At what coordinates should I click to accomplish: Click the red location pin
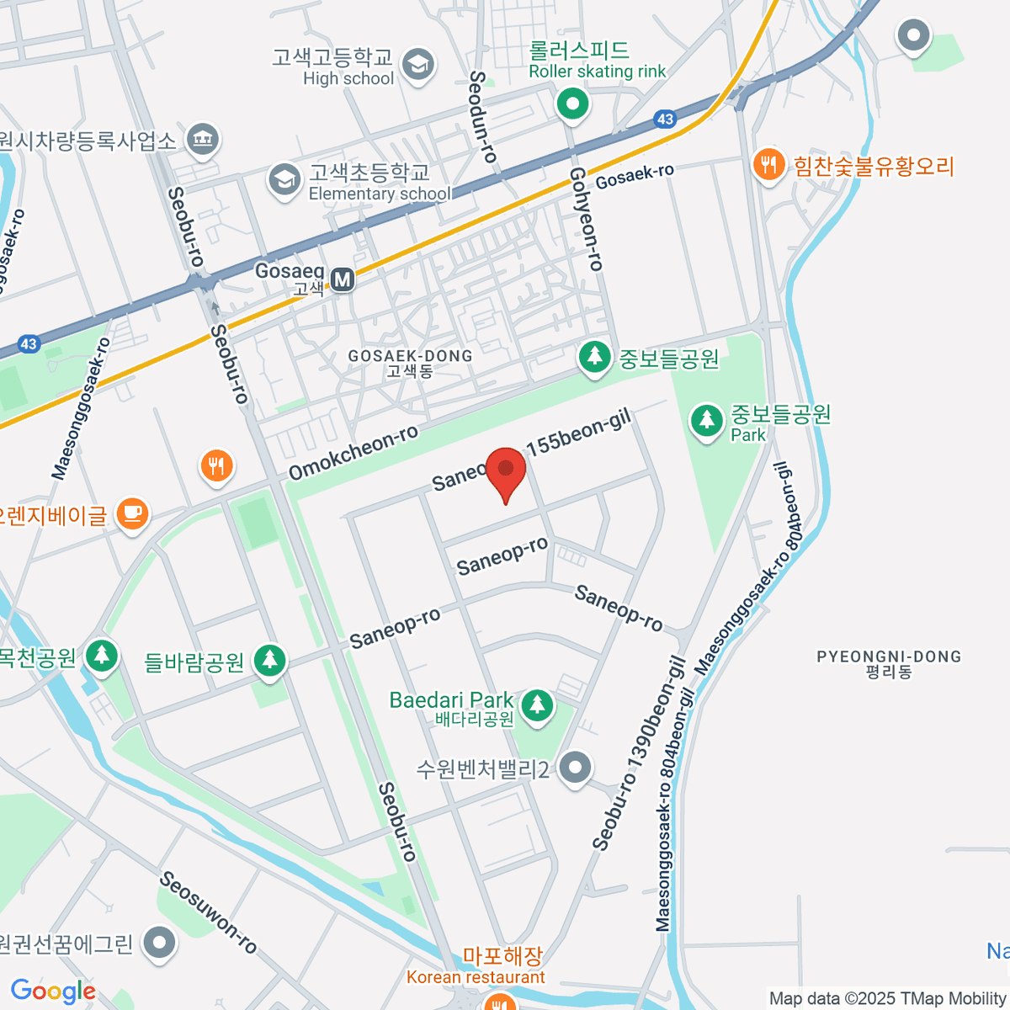(x=505, y=471)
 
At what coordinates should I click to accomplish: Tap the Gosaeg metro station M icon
(x=342, y=279)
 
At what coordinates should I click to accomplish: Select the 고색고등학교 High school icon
(x=417, y=65)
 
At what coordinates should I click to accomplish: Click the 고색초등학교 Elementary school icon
(x=284, y=180)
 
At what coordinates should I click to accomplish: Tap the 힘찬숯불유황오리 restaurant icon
(x=768, y=165)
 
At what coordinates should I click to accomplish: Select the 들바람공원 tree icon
(x=269, y=661)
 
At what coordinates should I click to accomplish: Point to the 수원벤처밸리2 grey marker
(x=576, y=768)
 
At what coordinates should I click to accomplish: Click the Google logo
(x=53, y=991)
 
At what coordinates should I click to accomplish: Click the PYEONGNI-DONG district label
(x=889, y=663)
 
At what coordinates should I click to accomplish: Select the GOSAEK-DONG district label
(x=410, y=363)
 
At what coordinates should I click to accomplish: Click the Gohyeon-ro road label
(x=587, y=219)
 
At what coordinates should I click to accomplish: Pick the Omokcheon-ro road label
(x=353, y=454)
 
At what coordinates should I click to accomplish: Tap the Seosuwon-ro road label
(x=209, y=912)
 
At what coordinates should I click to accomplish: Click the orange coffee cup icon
(x=132, y=513)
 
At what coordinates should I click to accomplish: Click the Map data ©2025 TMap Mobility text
(x=888, y=998)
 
